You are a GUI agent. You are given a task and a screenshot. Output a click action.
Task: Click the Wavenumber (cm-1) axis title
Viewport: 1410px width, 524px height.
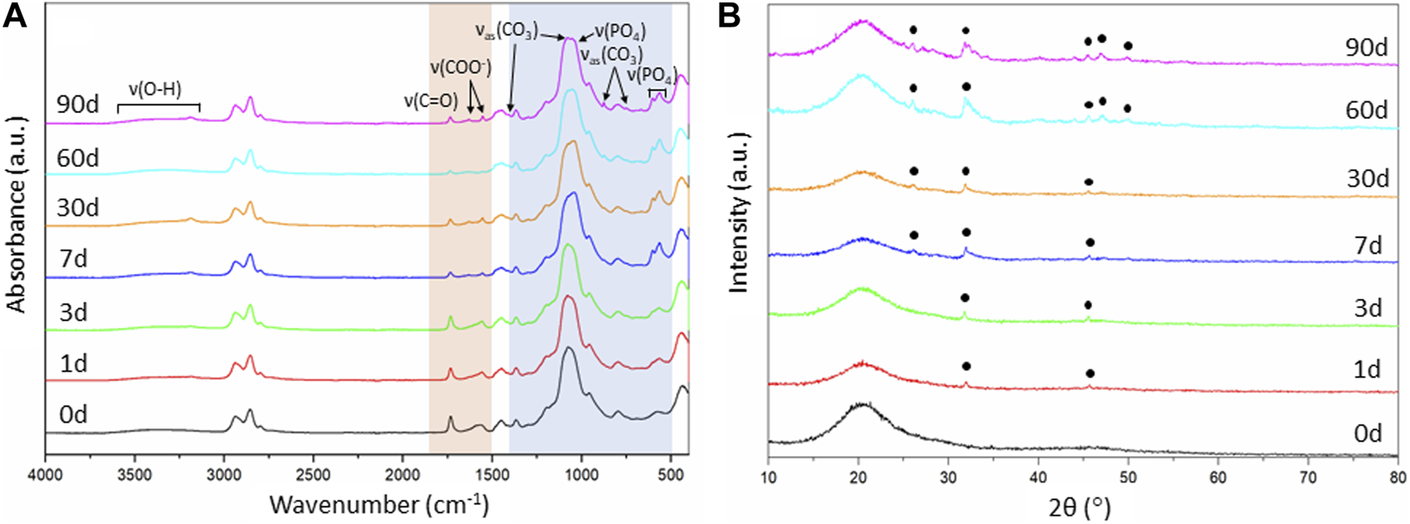[x=378, y=504]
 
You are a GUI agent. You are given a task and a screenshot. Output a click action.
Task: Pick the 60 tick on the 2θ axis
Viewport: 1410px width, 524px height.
[x=1217, y=477]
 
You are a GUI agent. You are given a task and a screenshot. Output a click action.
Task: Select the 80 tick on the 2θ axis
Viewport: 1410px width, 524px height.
[x=1397, y=477]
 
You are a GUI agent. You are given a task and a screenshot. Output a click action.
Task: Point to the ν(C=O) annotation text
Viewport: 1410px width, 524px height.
[x=431, y=101]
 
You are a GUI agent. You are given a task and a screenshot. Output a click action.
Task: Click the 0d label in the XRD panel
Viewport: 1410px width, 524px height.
[x=1366, y=433]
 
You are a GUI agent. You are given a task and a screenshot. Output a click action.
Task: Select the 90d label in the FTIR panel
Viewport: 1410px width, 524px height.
[x=78, y=105]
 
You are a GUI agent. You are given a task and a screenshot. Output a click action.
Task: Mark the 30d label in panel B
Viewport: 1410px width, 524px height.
[x=1366, y=178]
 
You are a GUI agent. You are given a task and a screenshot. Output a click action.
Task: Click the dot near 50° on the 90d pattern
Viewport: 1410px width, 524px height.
[x=1128, y=45]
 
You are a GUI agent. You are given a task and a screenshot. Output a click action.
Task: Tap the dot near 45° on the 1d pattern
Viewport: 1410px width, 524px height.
[x=1090, y=374]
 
